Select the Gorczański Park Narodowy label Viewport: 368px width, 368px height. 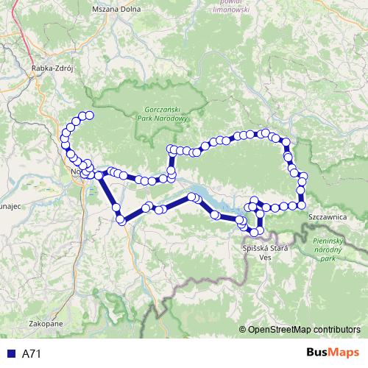[x=166, y=113]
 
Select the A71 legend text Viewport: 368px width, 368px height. [x=31, y=354]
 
